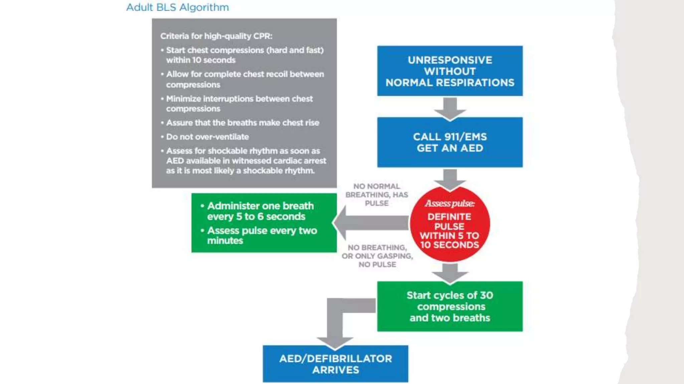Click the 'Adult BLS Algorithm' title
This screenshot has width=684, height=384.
click(177, 7)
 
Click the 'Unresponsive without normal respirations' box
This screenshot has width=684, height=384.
click(450, 71)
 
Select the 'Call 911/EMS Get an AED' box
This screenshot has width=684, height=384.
click(450, 142)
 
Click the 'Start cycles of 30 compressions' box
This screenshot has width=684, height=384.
click(450, 306)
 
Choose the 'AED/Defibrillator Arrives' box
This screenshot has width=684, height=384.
click(335, 364)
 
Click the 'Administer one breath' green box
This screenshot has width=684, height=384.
click(264, 223)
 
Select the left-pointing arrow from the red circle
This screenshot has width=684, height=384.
click(371, 223)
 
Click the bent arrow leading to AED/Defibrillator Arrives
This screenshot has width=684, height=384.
click(335, 320)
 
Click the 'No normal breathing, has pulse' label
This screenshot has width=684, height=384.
click(377, 195)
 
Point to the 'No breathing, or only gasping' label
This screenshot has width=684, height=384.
click(377, 256)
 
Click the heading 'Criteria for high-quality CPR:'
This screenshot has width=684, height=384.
click(216, 36)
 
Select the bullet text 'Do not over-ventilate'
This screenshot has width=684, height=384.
click(207, 137)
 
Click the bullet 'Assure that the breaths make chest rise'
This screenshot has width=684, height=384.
click(242, 123)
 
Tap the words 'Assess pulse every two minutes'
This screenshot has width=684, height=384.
click(262, 235)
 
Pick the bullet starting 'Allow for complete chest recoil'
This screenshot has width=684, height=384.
click(245, 79)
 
